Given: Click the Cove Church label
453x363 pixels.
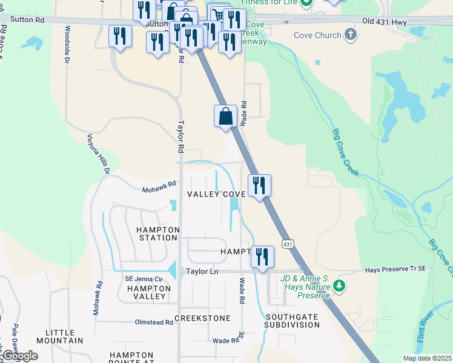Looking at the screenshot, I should point(317,35).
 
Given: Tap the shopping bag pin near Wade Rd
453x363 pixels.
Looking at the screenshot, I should point(225,115).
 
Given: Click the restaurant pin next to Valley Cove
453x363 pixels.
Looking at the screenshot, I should point(259,185).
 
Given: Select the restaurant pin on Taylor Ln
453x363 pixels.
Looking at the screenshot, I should point(262,257).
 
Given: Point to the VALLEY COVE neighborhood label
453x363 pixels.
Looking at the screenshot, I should point(216,194).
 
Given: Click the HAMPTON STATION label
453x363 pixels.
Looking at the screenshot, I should point(157,234).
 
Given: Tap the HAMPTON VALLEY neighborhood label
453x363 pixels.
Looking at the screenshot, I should point(146,292).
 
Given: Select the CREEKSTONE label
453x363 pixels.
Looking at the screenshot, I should point(202,318).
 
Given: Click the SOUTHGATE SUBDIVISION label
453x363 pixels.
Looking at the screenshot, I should point(292,320).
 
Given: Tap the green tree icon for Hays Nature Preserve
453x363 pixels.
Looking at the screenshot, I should point(340,284).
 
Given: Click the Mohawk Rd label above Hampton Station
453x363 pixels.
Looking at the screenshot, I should point(159,186).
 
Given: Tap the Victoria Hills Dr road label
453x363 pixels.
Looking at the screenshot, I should point(98,154).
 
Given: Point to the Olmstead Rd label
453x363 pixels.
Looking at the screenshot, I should point(154,322).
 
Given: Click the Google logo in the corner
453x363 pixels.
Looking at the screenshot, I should point(20,356).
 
